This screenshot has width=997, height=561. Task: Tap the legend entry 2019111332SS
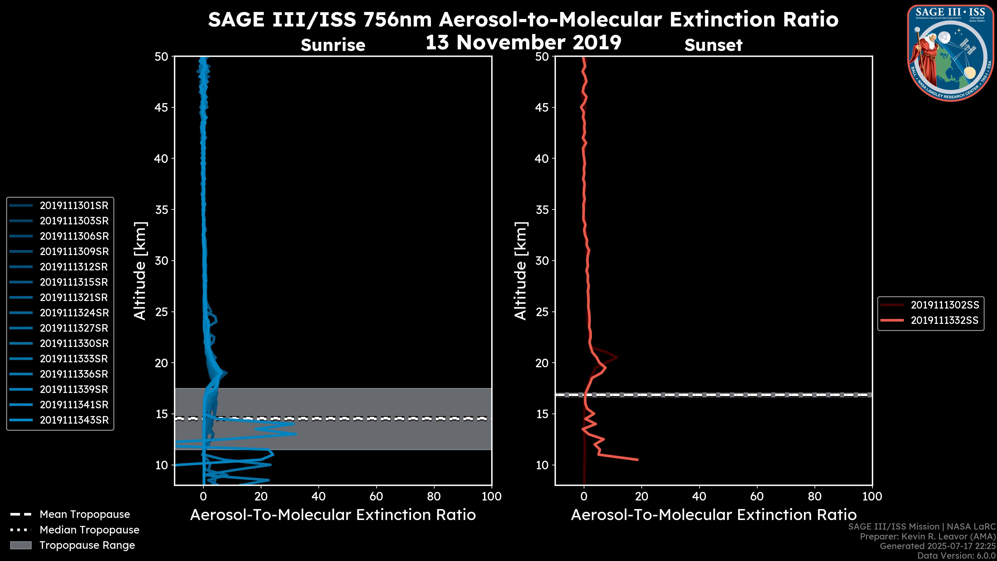pos(944,320)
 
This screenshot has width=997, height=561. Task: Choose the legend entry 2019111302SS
pos(944,305)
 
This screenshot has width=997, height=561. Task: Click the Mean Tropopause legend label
pos(84,515)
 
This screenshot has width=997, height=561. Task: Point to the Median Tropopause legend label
pos(89,530)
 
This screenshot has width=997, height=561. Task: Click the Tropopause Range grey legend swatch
pos(21,545)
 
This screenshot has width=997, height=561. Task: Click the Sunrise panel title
pos(333,45)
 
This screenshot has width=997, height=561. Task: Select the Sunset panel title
pos(713,45)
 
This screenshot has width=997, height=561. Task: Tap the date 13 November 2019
pos(523,43)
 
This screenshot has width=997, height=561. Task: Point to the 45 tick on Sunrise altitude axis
pos(161,108)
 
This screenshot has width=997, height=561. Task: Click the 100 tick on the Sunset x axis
pos(872,497)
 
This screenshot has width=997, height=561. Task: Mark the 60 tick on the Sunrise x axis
pos(376,497)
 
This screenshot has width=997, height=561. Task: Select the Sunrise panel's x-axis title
pos(333,515)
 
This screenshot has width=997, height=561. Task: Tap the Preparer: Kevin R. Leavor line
pos(927,537)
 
